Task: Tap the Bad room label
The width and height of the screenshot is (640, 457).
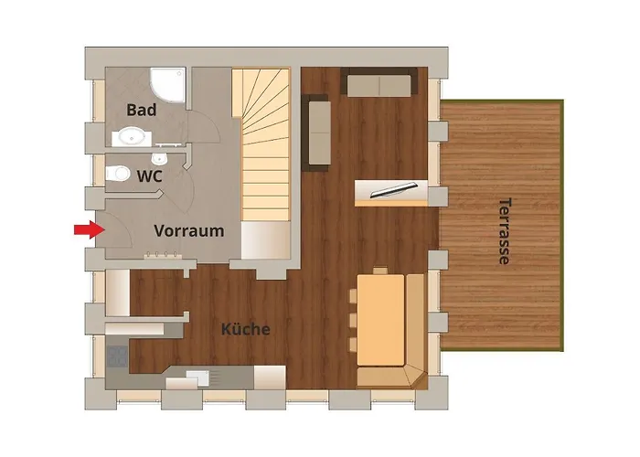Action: (x=141, y=110)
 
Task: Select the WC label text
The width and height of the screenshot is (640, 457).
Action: (x=149, y=176)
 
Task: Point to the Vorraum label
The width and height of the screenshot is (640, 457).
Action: (x=189, y=231)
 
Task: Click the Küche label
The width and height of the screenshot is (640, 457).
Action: (x=246, y=329)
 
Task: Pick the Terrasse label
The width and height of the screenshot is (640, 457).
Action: (x=506, y=231)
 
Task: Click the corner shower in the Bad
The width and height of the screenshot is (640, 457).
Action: (x=168, y=85)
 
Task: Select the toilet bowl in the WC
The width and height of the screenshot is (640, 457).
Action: (x=118, y=174)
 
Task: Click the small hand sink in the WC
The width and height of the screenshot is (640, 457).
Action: (x=158, y=157)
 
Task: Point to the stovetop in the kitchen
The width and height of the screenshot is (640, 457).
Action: (x=117, y=356)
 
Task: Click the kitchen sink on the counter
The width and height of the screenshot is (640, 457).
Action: (x=197, y=377)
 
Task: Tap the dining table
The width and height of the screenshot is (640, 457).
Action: (x=381, y=320)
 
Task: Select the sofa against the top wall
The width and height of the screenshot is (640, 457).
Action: (x=379, y=82)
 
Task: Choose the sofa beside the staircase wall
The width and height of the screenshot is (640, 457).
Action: (x=315, y=133)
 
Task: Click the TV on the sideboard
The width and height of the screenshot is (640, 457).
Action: (x=393, y=189)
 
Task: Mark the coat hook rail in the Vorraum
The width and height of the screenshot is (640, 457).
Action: (x=163, y=255)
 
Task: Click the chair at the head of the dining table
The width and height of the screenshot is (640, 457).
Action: (x=380, y=271)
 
